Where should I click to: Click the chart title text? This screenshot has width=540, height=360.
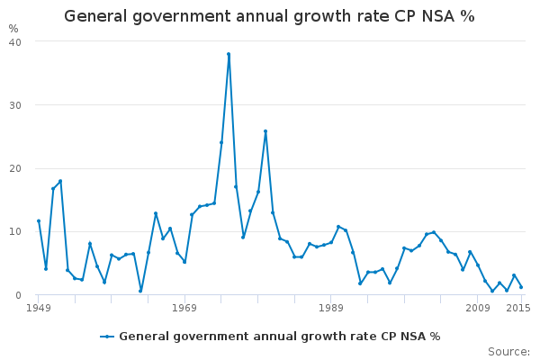(269, 16)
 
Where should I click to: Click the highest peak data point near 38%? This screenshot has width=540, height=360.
(229, 54)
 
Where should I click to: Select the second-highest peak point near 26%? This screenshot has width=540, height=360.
(265, 131)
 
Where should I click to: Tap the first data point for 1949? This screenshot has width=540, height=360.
(39, 220)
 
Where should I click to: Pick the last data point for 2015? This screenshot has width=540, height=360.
(521, 287)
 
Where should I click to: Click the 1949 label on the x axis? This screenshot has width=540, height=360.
(39, 308)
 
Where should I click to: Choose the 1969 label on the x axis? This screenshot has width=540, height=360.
(184, 308)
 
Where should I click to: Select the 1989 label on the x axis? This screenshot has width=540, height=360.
(331, 308)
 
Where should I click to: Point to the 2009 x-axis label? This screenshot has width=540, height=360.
(477, 308)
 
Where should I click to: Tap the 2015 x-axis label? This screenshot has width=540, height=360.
(518, 308)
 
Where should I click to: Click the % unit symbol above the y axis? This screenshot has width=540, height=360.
(13, 29)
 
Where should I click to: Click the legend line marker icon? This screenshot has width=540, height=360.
(107, 336)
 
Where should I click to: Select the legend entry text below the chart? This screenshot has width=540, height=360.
(279, 336)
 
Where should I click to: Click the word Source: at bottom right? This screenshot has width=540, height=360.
(508, 351)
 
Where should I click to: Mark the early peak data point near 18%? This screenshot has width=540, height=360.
(60, 181)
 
